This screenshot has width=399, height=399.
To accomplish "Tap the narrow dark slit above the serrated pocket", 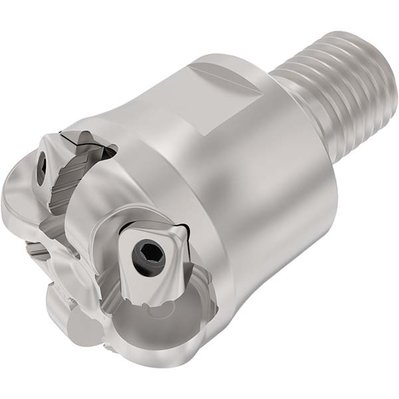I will [83, 138].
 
